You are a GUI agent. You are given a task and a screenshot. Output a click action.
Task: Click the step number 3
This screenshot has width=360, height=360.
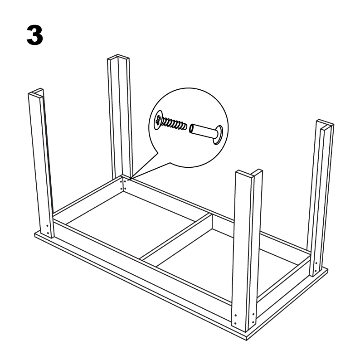(35, 35)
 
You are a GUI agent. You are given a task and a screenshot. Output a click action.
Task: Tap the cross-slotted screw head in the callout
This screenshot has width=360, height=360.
(158, 120)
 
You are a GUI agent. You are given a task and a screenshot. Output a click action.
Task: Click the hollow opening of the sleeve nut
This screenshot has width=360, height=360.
(191, 129)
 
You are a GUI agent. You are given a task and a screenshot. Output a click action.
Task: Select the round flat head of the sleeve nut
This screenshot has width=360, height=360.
(218, 135)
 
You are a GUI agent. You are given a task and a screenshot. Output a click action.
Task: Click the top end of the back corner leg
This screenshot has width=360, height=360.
(118, 57)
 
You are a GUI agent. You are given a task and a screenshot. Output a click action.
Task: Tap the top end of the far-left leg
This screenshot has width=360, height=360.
(36, 92)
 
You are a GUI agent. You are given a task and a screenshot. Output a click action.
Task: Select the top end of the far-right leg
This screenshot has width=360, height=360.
(325, 123)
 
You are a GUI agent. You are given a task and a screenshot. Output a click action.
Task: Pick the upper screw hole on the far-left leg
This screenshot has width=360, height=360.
(47, 226)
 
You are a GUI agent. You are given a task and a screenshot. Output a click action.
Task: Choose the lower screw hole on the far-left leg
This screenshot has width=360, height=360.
(48, 233)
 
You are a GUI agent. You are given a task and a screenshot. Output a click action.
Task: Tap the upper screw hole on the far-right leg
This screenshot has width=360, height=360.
(316, 263)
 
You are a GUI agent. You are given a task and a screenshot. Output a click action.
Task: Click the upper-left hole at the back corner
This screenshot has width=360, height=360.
(121, 181)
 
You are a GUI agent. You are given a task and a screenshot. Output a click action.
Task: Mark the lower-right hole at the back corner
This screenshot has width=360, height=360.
(125, 189)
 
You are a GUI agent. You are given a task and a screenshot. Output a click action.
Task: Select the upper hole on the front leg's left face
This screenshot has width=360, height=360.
(235, 315)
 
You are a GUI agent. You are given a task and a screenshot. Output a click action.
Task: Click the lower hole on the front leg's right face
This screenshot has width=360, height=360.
(253, 322)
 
